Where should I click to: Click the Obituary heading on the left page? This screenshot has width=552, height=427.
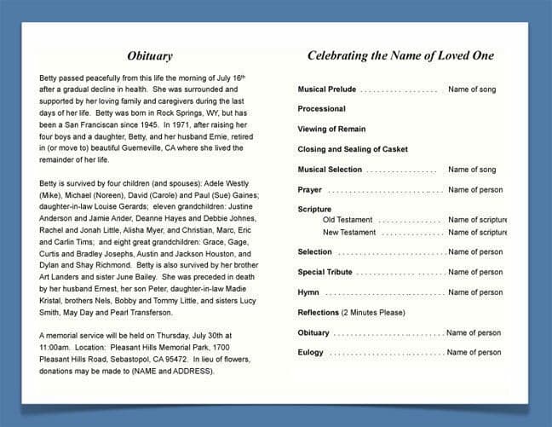tap(149, 56)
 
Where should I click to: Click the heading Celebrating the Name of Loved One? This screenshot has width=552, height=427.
tap(400, 56)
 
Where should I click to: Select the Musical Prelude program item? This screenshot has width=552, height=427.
tap(327, 89)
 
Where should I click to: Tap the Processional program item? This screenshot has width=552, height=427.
tap(321, 109)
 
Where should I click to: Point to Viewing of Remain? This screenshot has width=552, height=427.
tap(331, 130)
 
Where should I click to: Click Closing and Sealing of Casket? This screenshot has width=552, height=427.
tap(353, 149)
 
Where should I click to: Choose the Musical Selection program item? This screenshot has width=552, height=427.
tap(330, 170)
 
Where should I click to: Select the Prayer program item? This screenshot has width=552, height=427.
tap(309, 190)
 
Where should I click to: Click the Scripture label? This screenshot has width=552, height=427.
tap(314, 209)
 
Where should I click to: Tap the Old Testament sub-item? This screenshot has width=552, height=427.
tap(348, 220)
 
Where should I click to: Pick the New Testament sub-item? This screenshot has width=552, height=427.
tap(349, 232)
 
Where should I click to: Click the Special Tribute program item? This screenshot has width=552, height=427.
tap(325, 272)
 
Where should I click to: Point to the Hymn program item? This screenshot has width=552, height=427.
tap(308, 292)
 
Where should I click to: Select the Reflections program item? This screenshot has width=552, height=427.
tap(318, 313)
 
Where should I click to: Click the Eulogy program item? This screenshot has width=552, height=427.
tap(311, 352)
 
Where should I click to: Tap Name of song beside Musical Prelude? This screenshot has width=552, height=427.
tap(472, 89)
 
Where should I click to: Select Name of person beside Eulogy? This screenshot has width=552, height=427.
tap(474, 352)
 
